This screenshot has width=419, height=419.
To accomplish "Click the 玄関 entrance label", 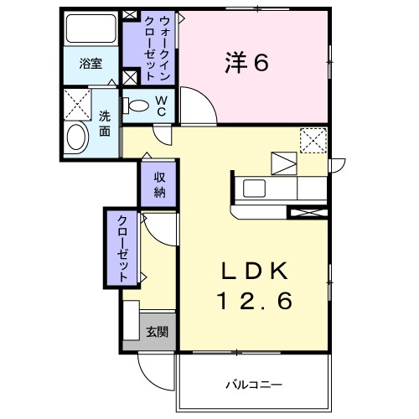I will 157,332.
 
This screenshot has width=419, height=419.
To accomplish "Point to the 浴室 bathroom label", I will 91,63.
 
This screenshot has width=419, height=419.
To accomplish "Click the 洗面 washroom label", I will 105,122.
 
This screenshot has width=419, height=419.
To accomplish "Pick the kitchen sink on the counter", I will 254,186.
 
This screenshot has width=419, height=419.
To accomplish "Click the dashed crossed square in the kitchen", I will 313,140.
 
